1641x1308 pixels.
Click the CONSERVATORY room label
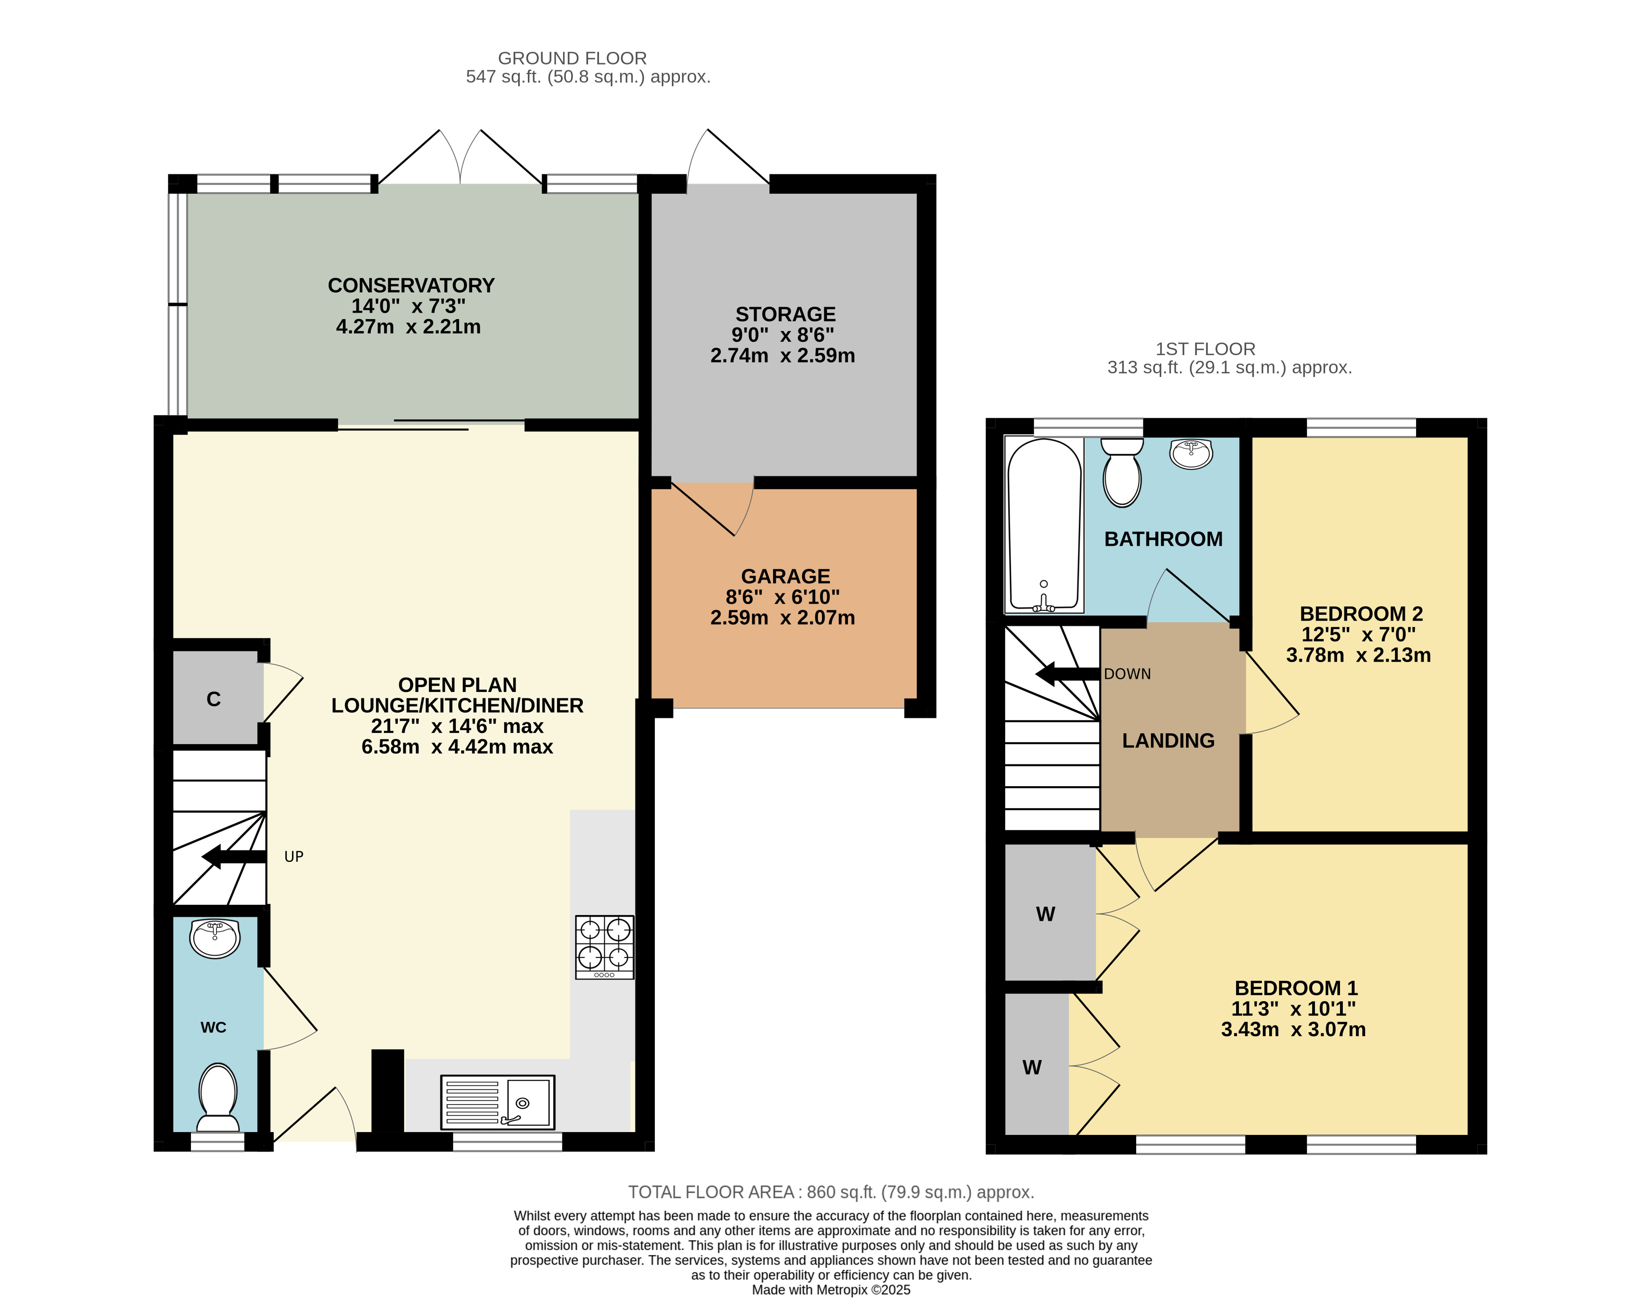tap(411, 285)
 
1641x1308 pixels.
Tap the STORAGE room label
tap(786, 314)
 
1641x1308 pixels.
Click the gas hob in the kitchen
tap(604, 947)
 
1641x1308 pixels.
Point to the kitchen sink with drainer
tap(498, 1102)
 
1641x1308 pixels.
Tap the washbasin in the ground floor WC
tap(216, 938)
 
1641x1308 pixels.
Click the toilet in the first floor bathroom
tap(1122, 472)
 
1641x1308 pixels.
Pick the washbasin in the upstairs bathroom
tap(1191, 454)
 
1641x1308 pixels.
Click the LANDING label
tap(1168, 741)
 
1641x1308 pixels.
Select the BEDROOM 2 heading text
tap(1361, 613)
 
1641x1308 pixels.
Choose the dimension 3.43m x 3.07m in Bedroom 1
tap(1293, 1029)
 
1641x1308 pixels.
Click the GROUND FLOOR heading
tap(572, 58)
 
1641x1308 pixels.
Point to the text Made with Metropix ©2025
tap(831, 1290)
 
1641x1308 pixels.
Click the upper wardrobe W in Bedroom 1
tap(1046, 914)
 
